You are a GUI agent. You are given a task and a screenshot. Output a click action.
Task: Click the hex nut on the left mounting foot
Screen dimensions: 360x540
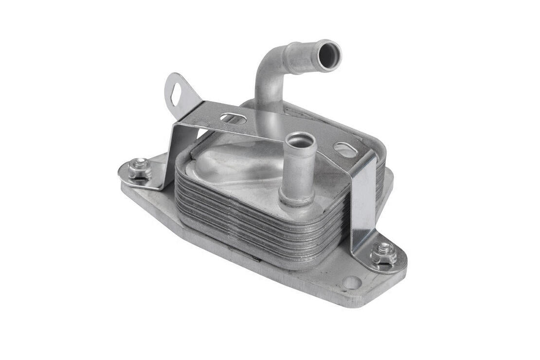coord(139,169)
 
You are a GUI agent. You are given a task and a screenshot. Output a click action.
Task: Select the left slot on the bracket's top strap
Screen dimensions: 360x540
coord(233,118)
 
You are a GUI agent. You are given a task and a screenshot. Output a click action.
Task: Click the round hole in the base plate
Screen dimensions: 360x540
coord(351,282)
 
